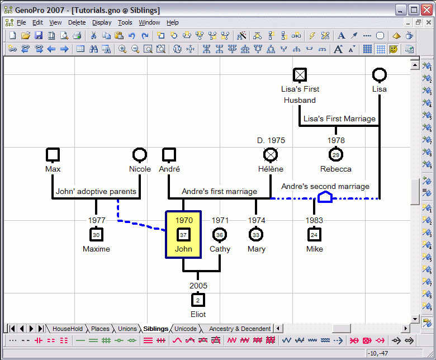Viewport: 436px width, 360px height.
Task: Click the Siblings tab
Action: click(156, 329)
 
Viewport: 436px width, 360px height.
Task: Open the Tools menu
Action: click(125, 22)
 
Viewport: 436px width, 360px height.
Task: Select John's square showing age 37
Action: click(183, 235)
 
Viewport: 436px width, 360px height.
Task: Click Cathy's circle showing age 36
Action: click(220, 235)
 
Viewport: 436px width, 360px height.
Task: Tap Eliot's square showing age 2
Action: click(198, 300)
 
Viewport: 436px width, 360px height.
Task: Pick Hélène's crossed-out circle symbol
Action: click(271, 155)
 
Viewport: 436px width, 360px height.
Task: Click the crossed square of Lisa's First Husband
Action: click(300, 75)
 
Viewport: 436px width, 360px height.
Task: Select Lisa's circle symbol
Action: click(380, 75)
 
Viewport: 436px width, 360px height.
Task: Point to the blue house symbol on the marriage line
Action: click(325, 197)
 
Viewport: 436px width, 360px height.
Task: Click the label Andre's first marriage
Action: click(219, 191)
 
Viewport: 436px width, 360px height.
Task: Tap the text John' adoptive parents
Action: click(96, 191)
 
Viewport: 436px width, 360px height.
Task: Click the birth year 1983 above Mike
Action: click(314, 220)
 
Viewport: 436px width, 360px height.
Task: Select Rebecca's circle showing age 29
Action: click(336, 155)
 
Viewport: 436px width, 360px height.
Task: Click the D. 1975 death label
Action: click(271, 140)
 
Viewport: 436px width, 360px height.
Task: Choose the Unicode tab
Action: click(186, 329)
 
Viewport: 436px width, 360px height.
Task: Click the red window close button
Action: click(426, 10)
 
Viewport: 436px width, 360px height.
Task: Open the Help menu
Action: click(172, 22)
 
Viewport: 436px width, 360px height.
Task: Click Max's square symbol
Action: click(53, 155)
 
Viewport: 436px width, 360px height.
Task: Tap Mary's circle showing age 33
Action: click(256, 235)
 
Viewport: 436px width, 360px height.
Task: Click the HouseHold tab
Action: click(68, 329)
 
